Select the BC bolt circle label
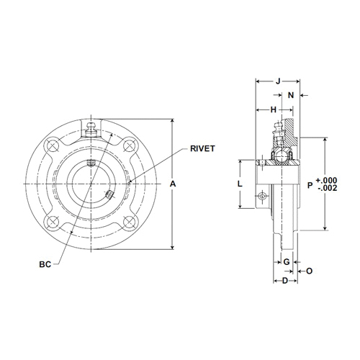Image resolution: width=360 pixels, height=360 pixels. point(45,264)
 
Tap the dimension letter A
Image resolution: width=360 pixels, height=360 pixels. point(173,184)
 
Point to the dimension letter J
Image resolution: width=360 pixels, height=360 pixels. point(278,81)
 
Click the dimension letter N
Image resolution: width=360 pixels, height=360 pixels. point(291,95)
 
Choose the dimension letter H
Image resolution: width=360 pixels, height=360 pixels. point(274,109)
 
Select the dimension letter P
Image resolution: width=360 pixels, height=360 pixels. point(310,185)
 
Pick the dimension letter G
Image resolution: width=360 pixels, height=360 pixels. point(285,260)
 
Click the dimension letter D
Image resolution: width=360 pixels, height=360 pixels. point(285,279)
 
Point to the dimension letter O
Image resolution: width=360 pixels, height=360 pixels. point(309,271)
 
